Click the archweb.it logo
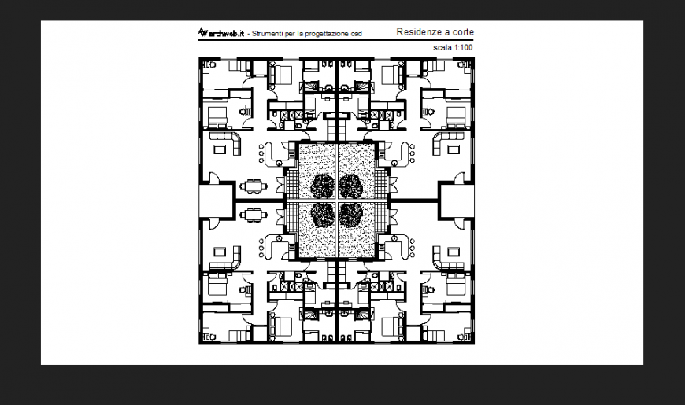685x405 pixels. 220,33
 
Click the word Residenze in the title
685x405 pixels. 418,32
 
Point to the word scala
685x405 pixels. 443,48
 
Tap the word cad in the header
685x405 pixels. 359,34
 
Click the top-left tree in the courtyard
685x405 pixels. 323,186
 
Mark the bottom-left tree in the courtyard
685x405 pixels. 323,214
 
